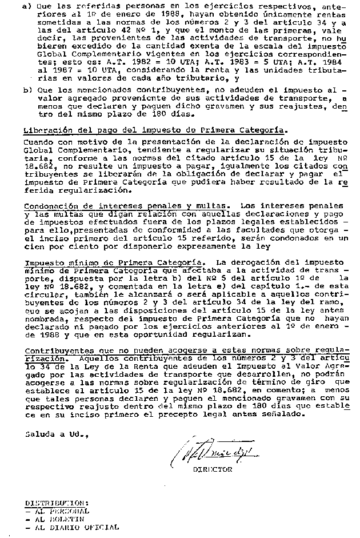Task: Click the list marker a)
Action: click(27, 6)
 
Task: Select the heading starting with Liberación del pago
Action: click(155, 130)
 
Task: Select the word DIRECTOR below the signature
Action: click(213, 470)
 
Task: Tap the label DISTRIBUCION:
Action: click(55, 503)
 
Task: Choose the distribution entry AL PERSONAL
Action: click(60, 511)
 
